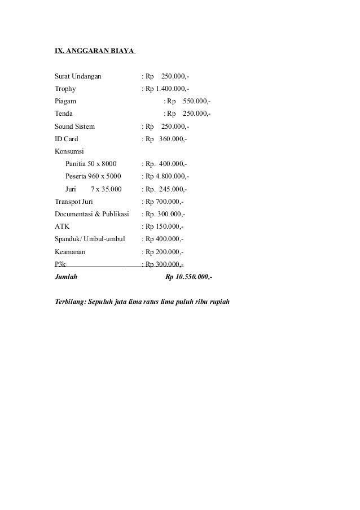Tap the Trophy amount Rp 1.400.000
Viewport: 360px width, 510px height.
click(167, 89)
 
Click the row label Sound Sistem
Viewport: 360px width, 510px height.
click(75, 127)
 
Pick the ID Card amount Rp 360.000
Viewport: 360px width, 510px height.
click(166, 139)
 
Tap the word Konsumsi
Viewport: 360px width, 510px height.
click(69, 151)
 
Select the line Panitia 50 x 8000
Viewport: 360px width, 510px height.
click(91, 164)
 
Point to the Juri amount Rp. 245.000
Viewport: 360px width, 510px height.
click(166, 189)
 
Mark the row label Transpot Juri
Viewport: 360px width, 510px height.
click(74, 202)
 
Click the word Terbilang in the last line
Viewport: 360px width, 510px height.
click(69, 300)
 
